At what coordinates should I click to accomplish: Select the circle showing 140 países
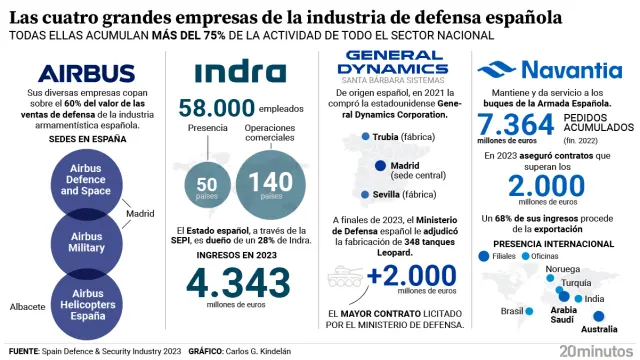click(x=269, y=180)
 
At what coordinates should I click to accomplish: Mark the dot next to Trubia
click(x=365, y=137)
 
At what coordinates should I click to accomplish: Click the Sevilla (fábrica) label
click(x=405, y=194)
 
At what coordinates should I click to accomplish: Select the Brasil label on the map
click(x=513, y=310)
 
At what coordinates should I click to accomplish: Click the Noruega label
click(x=563, y=268)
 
